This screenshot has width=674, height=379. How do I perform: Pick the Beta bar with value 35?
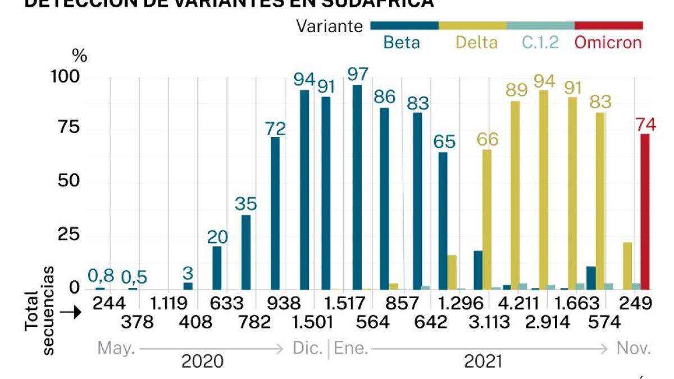tap(246, 252)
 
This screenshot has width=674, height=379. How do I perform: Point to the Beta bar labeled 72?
tap(275, 213)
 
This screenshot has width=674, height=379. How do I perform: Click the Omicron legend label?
tap(608, 43)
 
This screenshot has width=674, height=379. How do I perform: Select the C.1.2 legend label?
tap(540, 43)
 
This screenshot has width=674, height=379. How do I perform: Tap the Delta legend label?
tap(476, 43)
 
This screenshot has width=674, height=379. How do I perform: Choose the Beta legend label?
tap(401, 43)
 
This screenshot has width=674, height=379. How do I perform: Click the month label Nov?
tap(634, 349)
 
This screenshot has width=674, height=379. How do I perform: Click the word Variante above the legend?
tap(330, 26)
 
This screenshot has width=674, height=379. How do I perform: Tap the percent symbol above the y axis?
tap(80, 56)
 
